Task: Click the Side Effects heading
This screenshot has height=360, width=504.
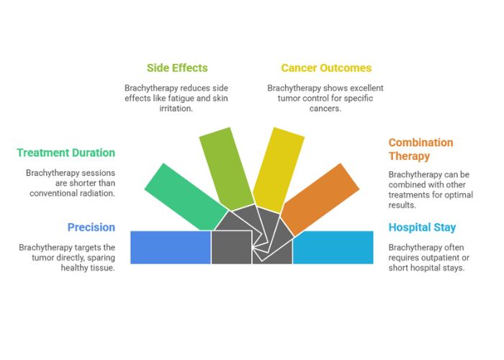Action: point(177,68)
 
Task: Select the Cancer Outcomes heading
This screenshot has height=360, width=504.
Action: point(326,68)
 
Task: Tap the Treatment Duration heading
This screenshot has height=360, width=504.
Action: point(66,153)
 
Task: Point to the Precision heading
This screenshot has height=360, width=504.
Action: point(91,228)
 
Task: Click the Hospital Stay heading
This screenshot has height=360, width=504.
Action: point(422,228)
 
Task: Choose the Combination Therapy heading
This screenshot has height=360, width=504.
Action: point(420,149)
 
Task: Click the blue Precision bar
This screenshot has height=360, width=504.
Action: point(170,247)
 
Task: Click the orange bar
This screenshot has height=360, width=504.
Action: point(320,197)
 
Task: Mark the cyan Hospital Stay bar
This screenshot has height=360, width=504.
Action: point(333,247)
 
